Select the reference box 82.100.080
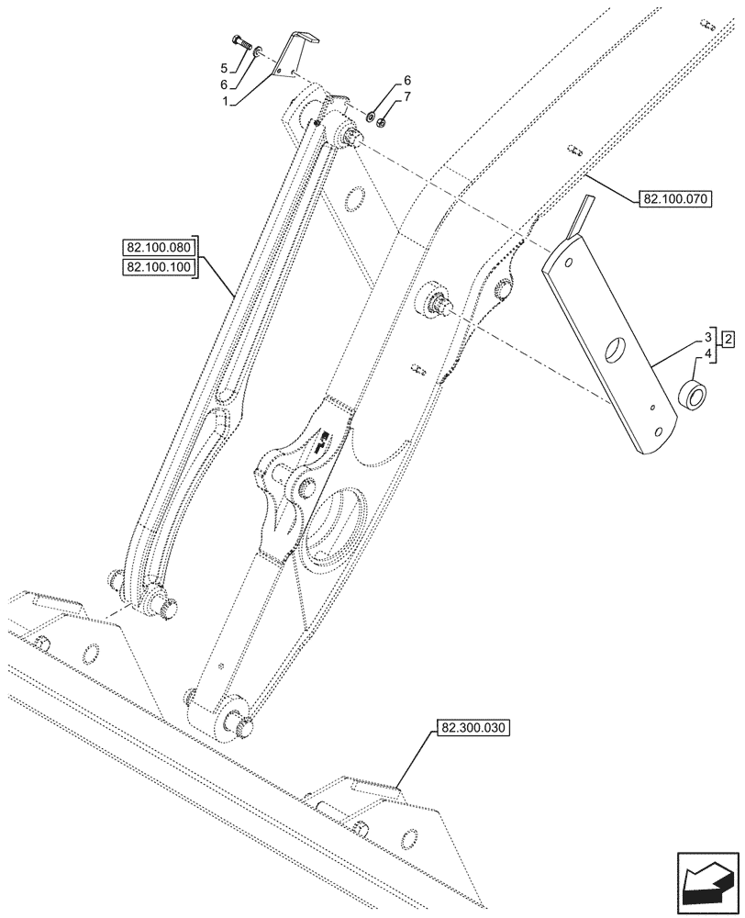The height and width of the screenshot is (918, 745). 156,248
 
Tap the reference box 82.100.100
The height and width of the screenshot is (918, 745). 156,267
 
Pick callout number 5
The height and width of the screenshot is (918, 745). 223,68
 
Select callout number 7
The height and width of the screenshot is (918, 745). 407,95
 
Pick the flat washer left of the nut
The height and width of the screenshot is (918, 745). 370,118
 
